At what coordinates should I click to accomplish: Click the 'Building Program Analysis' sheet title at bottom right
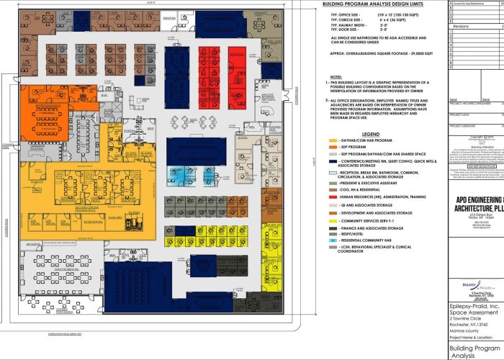click(x=475, y=351)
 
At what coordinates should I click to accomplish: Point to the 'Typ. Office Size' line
click(x=360, y=15)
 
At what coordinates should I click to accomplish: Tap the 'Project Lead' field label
click(x=459, y=113)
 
